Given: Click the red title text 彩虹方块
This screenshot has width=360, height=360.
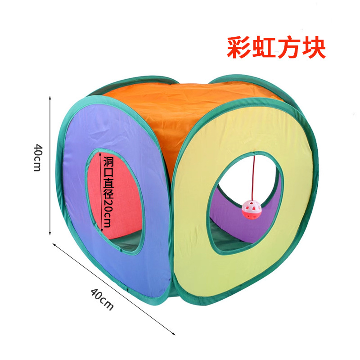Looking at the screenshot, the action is [276, 48].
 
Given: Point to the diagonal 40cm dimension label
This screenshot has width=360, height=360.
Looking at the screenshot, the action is [102, 299].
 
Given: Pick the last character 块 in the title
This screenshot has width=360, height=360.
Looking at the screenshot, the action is [313, 48].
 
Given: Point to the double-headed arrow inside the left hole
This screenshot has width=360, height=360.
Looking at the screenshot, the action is [100, 191].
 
